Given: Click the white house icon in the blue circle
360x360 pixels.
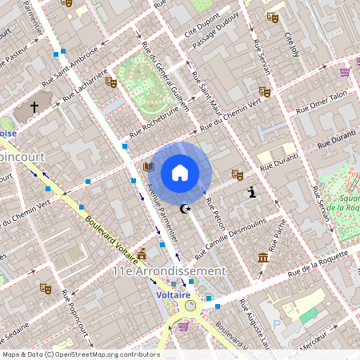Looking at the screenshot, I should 180,172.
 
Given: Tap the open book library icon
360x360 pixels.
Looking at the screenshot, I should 148,167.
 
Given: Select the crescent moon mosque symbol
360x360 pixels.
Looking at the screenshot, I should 187,210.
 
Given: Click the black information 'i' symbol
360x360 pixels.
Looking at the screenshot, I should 253,191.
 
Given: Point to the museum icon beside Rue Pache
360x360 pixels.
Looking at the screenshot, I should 263,257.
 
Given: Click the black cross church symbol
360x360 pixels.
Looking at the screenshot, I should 34,106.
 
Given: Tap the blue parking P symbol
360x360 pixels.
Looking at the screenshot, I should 277,324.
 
